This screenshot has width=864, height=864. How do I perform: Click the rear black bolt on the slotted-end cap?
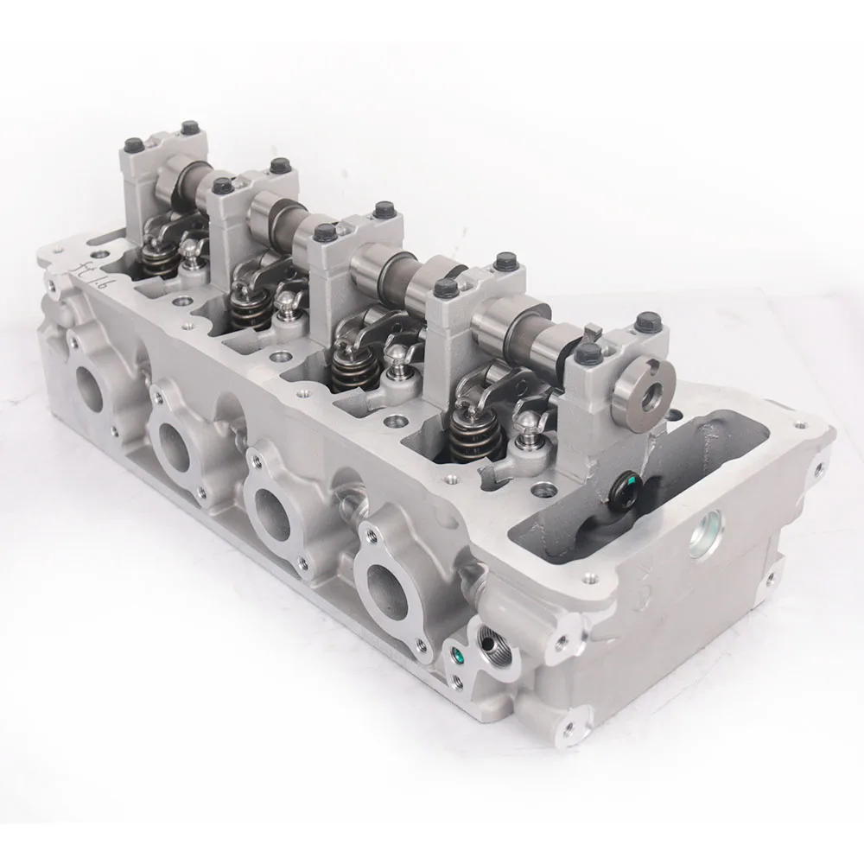click(643, 323)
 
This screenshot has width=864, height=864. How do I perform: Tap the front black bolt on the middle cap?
click(324, 232)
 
